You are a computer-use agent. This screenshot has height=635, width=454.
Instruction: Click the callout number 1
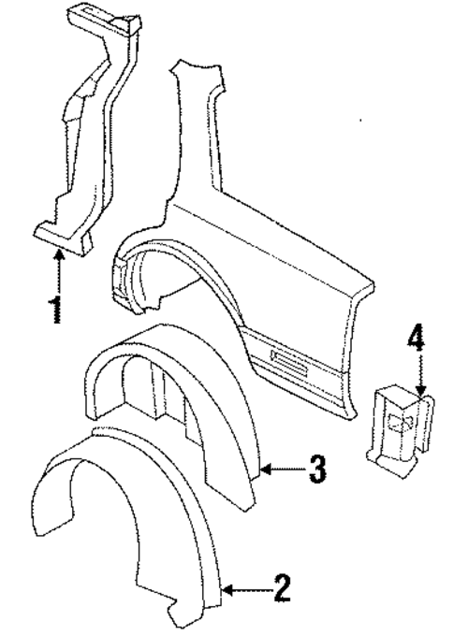56,309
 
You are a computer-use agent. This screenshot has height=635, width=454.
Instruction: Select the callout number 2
283,589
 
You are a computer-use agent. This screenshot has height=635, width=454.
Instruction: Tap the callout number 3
317,469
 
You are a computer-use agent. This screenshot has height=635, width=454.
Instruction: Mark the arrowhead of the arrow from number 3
265,469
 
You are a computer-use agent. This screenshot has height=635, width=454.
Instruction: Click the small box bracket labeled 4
401,432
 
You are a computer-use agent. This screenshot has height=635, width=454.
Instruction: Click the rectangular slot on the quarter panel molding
289,360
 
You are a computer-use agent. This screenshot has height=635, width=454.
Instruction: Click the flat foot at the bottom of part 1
61,238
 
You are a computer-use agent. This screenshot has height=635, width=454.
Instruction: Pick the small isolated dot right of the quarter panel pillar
360,120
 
